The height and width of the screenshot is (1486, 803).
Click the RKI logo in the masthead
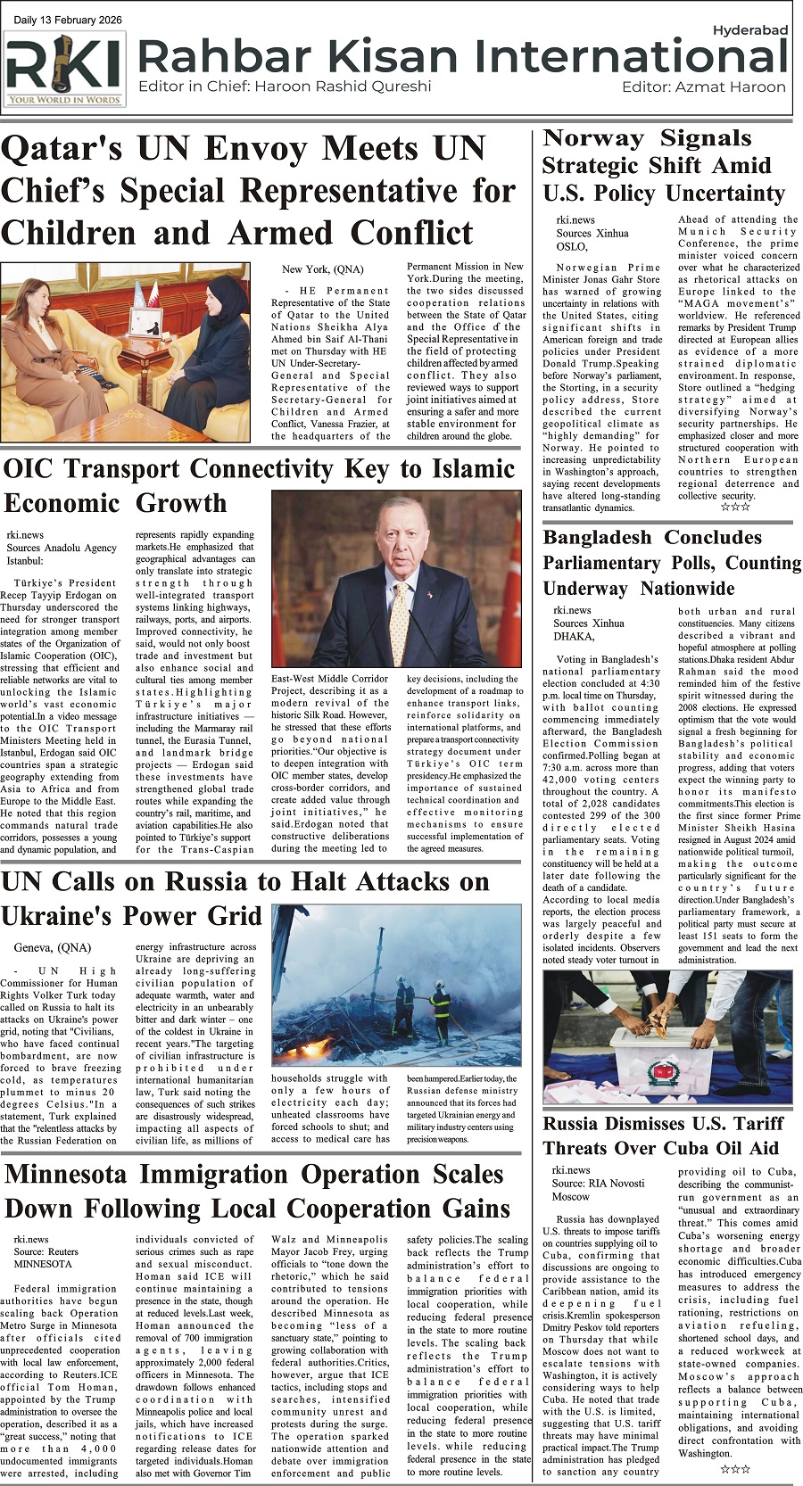[64, 69]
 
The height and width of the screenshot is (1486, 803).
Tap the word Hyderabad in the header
[749, 30]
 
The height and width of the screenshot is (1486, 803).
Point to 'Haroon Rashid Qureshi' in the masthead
[343, 87]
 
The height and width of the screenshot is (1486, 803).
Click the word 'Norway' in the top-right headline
[593, 139]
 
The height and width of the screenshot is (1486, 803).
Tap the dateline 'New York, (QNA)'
[322, 268]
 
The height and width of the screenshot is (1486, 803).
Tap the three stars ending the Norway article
[735, 508]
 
